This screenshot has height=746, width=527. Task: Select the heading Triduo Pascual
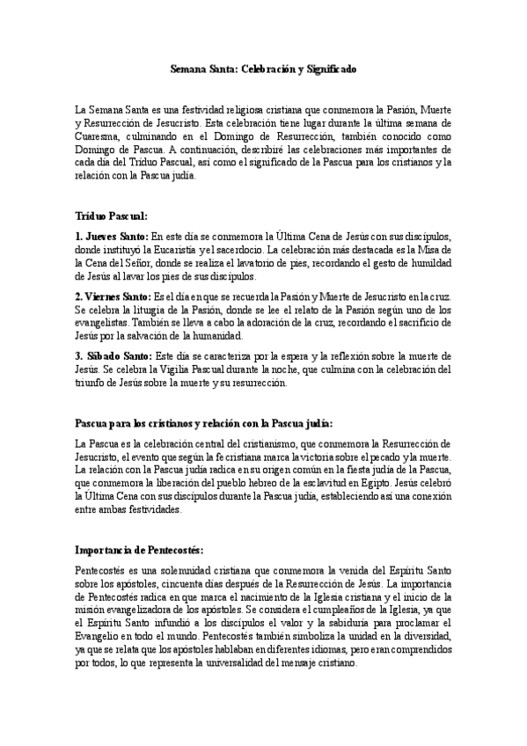coord(112,215)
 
